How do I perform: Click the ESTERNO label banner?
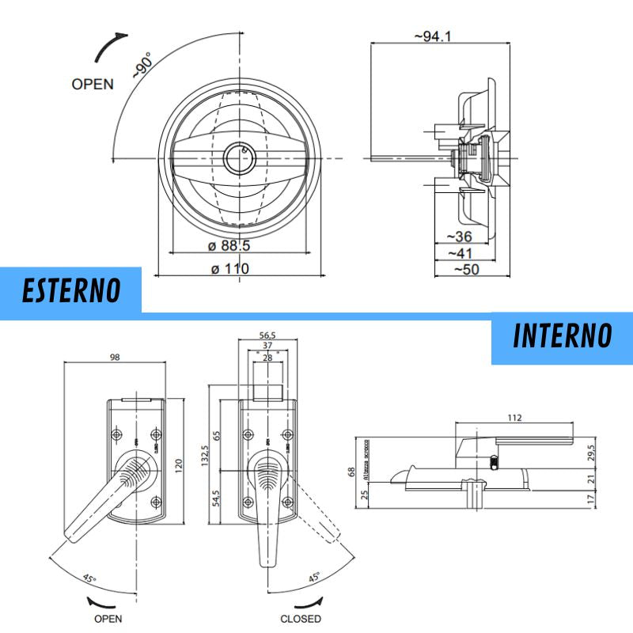pos(71,290)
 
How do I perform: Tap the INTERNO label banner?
pos(562,335)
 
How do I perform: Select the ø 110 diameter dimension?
pos(230,268)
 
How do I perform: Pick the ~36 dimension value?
pos(460,237)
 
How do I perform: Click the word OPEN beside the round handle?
pos(93,84)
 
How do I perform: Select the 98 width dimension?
pos(115,358)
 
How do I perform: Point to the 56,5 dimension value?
pos(268,335)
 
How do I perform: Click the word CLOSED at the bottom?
pos(301,618)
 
